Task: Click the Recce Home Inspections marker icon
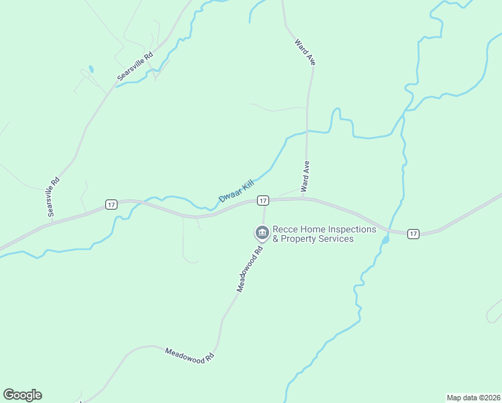tap(261, 233)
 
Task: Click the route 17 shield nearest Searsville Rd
tap(111, 204)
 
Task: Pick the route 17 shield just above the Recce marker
tap(263, 200)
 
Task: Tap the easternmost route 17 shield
tap(413, 234)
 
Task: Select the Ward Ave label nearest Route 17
tap(305, 177)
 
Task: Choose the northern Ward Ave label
tap(305, 52)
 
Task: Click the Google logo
tap(22, 395)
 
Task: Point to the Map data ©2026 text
tap(473, 397)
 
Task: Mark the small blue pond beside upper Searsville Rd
tap(91, 69)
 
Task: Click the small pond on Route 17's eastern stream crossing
tap(385, 239)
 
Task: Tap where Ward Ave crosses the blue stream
tap(307, 131)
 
